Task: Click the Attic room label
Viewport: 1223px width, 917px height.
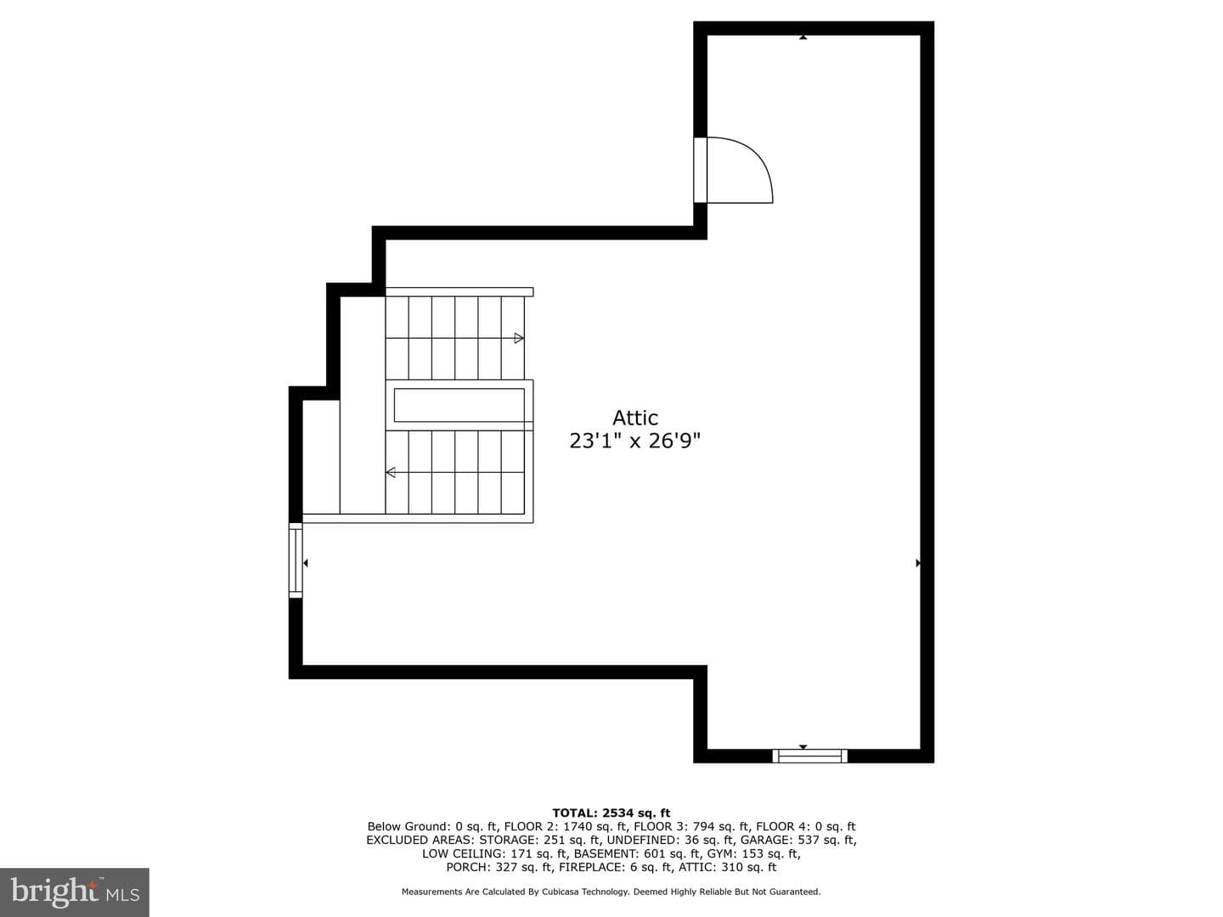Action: pyautogui.click(x=634, y=418)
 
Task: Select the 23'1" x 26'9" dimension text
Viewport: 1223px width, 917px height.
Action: pyautogui.click(x=634, y=441)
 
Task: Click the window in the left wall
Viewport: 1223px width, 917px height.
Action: pyautogui.click(x=296, y=560)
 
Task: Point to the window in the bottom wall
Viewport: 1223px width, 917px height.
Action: pyautogui.click(x=809, y=756)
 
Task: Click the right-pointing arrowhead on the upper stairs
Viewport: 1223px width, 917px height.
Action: pyautogui.click(x=519, y=338)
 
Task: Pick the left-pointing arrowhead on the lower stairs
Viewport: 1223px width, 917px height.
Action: pyautogui.click(x=391, y=472)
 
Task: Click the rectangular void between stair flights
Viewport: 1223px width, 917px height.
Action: pyautogui.click(x=459, y=405)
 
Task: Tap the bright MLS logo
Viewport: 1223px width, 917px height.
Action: pyautogui.click(x=75, y=892)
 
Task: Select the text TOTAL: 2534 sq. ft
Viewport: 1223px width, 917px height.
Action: pyautogui.click(x=611, y=813)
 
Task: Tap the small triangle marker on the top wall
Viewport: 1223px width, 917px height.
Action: pyautogui.click(x=803, y=37)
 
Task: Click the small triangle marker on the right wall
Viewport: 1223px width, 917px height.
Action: pyautogui.click(x=918, y=563)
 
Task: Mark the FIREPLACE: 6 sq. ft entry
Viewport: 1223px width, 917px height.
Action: pyautogui.click(x=615, y=867)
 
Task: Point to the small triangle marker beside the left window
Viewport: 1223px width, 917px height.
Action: pyautogui.click(x=306, y=563)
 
